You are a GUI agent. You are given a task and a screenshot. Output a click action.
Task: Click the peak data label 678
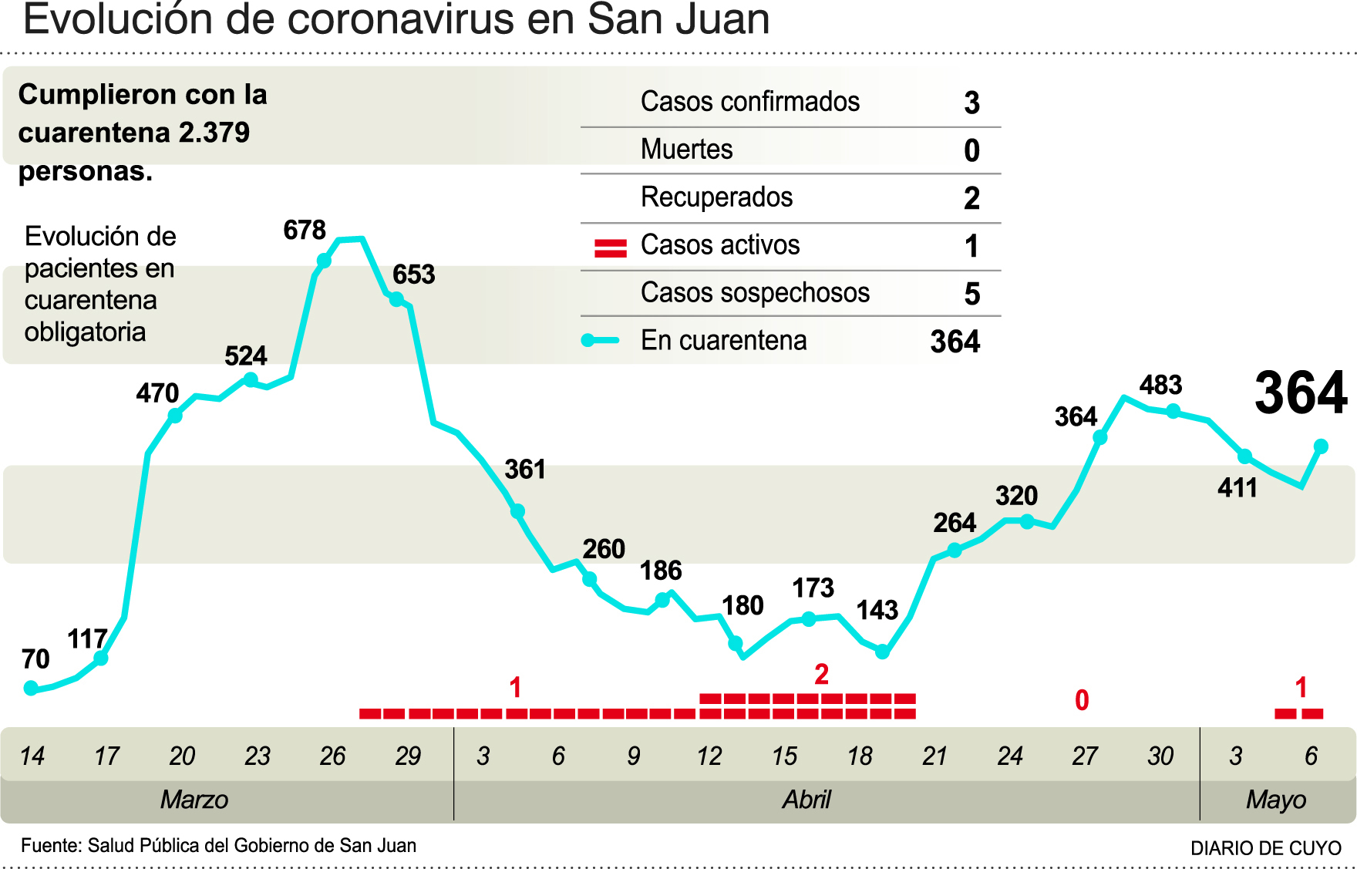[x=305, y=230]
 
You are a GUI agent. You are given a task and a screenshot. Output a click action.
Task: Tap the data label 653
[x=414, y=275]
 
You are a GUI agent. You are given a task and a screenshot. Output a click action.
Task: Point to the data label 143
[x=877, y=610]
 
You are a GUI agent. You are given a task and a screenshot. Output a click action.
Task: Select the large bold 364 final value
[x=1301, y=393]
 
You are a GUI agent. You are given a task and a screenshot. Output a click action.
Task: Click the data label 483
[x=1160, y=385]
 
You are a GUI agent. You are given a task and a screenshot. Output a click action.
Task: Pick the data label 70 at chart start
[x=35, y=659]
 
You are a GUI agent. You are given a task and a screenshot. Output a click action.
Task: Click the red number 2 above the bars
[x=821, y=675]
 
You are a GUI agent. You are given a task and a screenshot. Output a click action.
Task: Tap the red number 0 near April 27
[x=1082, y=700]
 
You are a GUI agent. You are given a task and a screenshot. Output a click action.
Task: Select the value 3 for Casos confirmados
[x=971, y=103]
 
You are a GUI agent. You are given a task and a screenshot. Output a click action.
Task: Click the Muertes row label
[x=686, y=149]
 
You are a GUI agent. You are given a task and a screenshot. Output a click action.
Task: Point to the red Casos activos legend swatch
[x=610, y=248]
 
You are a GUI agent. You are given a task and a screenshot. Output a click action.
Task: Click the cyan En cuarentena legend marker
[x=600, y=340]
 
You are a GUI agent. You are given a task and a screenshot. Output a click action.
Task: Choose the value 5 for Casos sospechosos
[x=971, y=294]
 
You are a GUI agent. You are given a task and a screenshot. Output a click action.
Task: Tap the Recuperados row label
[x=716, y=197]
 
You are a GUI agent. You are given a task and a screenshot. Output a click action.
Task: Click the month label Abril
[x=806, y=800]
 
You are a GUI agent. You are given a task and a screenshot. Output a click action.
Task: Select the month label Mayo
[x=1275, y=800]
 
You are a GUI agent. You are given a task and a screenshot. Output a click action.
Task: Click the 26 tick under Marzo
[x=332, y=756]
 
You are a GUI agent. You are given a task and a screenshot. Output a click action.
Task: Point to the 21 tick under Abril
[x=934, y=756]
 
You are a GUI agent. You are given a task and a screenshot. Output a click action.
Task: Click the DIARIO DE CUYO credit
[x=1265, y=848]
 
